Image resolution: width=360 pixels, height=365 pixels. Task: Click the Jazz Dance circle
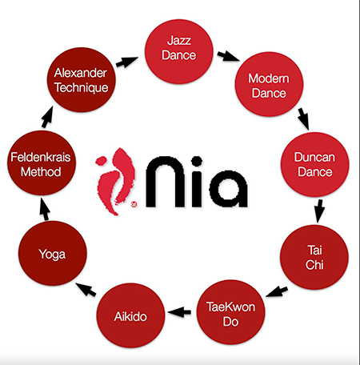(179, 51)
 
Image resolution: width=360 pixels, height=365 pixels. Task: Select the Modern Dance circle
(269, 84)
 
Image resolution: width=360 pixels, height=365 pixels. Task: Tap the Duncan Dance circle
(314, 164)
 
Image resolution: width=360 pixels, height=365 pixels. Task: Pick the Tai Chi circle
(314, 257)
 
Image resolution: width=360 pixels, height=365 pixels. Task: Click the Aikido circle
(130, 315)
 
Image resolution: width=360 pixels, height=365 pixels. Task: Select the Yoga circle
(53, 254)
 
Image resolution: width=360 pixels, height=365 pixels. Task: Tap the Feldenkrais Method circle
(42, 163)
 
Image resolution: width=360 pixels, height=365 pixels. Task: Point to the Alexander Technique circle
(82, 80)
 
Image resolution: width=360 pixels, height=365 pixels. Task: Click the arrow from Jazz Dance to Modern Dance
(228, 57)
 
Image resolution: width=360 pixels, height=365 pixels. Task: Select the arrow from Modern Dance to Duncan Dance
(304, 119)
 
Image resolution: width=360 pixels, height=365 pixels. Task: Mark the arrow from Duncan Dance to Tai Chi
(319, 211)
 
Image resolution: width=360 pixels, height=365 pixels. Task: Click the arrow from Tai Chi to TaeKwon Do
(277, 291)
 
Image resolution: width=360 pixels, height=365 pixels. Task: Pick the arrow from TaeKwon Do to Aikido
(179, 312)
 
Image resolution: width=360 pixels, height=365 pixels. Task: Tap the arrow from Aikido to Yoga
(86, 290)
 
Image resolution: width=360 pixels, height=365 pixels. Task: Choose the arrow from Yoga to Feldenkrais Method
(45, 210)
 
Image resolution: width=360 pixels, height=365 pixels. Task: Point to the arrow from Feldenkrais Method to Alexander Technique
(47, 117)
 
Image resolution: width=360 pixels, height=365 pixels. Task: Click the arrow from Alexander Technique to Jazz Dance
(127, 62)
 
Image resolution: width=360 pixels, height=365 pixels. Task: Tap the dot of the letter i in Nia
(197, 162)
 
